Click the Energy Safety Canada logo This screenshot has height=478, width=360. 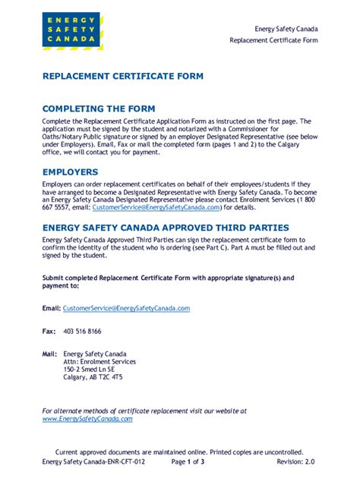coord(73,30)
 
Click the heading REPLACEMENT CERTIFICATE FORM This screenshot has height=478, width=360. coord(122,77)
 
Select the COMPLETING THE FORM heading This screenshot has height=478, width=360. coord(99,109)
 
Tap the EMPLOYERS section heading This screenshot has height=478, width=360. coord(71,172)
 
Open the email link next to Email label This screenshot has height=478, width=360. coord(126,308)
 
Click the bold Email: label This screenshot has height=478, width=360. coord(51,308)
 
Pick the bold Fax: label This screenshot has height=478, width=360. coord(49,332)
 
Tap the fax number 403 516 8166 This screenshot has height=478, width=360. coord(82,332)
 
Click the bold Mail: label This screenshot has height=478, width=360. coord(50,354)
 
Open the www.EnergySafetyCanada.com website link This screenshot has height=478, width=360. coord(87,418)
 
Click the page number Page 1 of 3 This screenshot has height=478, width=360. coord(188,461)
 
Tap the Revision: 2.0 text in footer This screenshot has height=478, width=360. coord(295,461)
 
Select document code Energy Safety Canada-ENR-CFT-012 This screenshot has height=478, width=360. coord(93,461)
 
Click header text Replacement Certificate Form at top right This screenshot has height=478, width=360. coord(273,39)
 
